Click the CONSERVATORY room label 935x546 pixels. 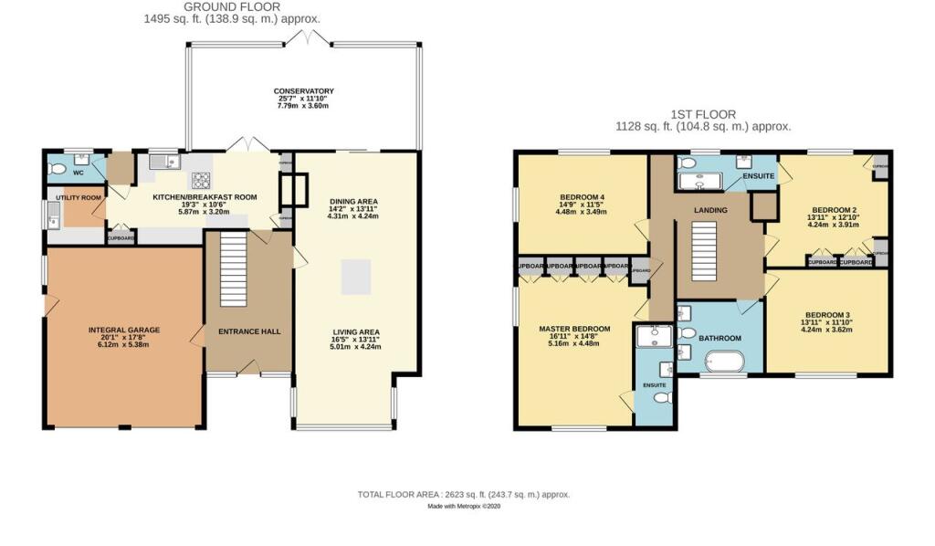[303, 91]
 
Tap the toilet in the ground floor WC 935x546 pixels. [58, 169]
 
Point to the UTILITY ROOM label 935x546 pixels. [78, 197]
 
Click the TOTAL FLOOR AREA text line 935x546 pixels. [463, 494]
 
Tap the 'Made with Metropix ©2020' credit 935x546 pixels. [464, 508]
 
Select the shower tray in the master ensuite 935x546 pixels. [653, 339]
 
